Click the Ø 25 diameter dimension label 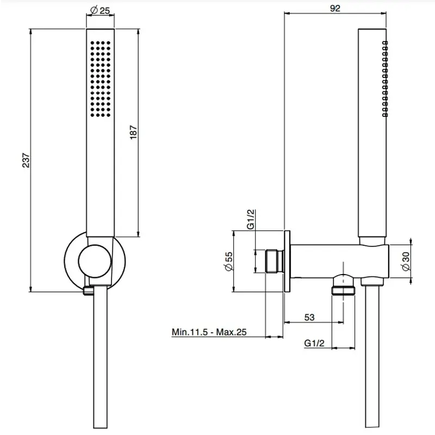point(100,10)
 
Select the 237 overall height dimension point(26,160)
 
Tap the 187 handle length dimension point(133,132)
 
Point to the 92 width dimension point(335,8)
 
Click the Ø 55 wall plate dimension point(229,262)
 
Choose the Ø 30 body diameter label point(405,262)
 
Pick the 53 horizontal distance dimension point(309,317)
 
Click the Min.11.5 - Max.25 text point(209,332)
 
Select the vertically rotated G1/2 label point(251,220)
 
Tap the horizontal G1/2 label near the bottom point(314,343)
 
